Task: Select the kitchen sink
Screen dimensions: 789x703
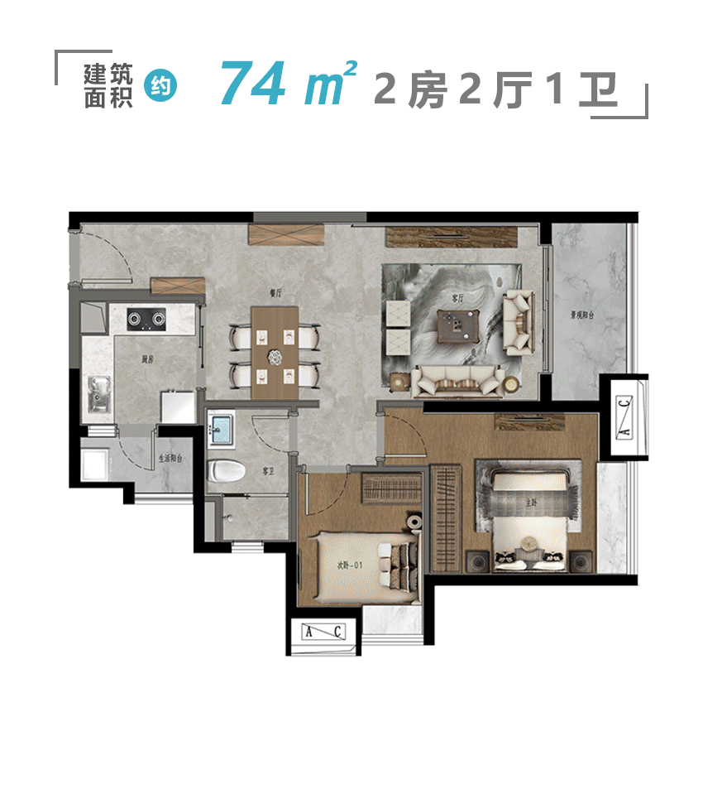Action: (99, 394)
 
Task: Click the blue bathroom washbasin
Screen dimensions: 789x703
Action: (222, 429)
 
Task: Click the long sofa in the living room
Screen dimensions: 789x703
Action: (457, 380)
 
